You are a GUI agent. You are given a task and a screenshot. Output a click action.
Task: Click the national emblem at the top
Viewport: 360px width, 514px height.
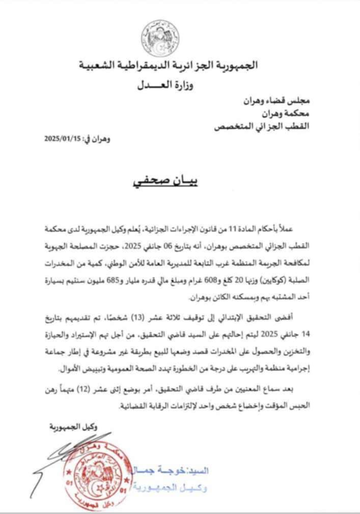pyautogui.click(x=160, y=38)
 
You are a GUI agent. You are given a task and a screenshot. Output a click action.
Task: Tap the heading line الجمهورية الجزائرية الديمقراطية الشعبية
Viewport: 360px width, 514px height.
pyautogui.click(x=169, y=66)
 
